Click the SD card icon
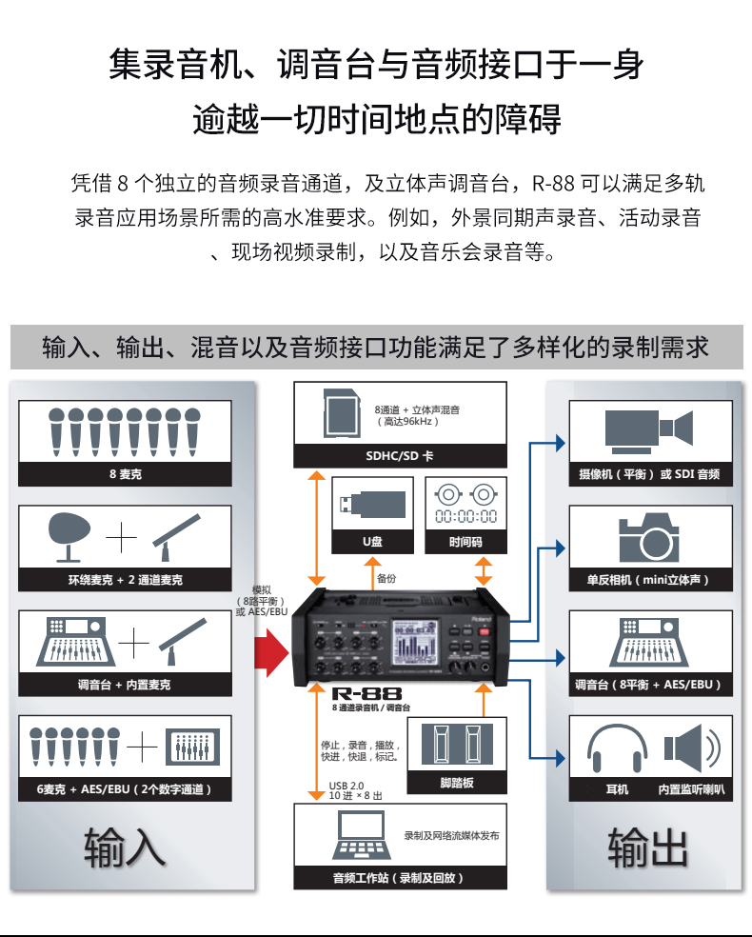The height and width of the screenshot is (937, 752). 341,412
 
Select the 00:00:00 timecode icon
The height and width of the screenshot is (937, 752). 465,505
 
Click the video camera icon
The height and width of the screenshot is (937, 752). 650,430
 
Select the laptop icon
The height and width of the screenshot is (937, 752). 358,836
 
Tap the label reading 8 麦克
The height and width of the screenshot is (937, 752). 124,474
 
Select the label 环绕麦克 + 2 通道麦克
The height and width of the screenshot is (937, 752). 124,579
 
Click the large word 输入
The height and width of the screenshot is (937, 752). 124,847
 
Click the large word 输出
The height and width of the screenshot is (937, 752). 647,847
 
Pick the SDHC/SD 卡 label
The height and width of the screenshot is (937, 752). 400,456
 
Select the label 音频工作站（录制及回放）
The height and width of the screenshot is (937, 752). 399,878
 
